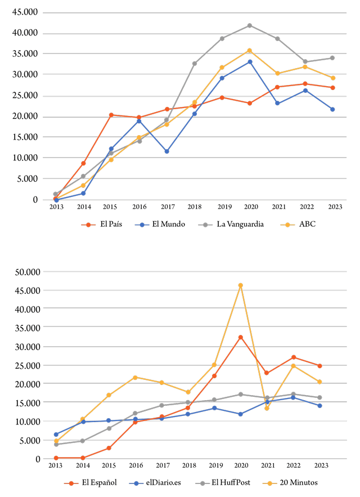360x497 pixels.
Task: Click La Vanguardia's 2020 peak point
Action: tap(249, 25)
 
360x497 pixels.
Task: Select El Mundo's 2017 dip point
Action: tap(166, 151)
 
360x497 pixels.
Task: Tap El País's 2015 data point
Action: tap(111, 115)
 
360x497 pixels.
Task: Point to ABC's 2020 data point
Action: tap(249, 51)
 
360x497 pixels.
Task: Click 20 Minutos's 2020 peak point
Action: tap(240, 285)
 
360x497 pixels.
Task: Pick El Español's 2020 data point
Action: tap(240, 337)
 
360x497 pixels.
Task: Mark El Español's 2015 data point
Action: tap(109, 448)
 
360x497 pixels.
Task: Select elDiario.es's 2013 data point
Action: tap(56, 435)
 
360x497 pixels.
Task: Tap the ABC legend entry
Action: tap(307, 224)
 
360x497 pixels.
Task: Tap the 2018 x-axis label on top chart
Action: tap(194, 207)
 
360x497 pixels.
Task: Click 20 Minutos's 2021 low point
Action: tap(267, 408)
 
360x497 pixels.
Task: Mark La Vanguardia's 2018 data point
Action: tap(194, 64)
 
